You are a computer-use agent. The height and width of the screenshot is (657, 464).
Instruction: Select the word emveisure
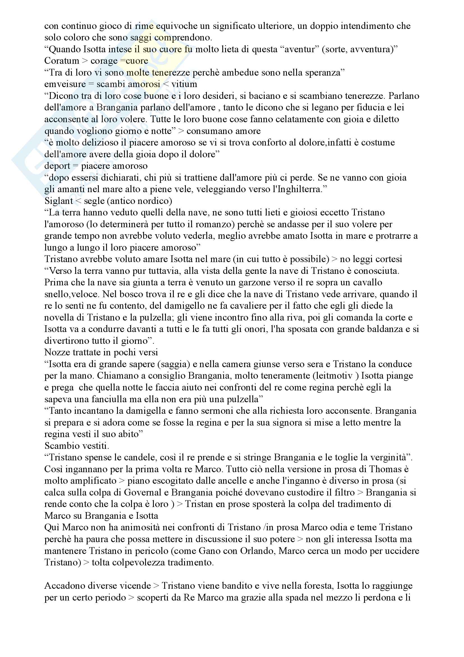(x=65, y=84)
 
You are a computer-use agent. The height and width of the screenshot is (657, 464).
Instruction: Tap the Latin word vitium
(x=184, y=84)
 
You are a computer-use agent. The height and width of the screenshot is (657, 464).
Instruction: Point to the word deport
(x=57, y=166)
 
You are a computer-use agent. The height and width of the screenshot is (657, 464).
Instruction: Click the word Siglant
(x=59, y=201)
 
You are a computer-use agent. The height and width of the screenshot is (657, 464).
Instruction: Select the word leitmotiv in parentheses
(x=332, y=376)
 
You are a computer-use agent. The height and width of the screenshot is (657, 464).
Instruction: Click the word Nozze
(x=56, y=352)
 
